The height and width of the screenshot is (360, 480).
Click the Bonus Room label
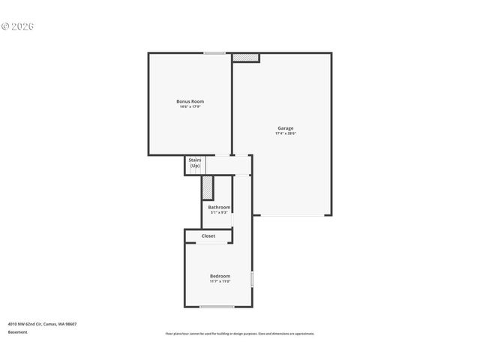click(190, 101)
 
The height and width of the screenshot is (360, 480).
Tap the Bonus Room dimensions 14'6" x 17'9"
click(190, 107)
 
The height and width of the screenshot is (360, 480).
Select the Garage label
click(286, 127)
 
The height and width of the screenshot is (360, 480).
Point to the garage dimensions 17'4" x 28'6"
click(286, 133)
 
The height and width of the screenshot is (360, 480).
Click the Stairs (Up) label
click(195, 163)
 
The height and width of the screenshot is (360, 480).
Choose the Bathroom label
click(219, 207)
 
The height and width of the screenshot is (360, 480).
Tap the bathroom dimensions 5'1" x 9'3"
click(219, 213)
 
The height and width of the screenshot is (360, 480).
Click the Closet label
click(208, 236)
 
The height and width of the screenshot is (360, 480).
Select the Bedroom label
click(220, 276)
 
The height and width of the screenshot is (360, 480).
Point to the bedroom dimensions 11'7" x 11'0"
click(220, 282)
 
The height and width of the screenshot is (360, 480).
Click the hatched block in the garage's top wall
click(245, 58)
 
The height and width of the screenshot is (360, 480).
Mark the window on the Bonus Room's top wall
click(214, 53)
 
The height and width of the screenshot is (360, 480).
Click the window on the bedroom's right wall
click(252, 279)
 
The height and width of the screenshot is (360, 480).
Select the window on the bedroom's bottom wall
click(217, 306)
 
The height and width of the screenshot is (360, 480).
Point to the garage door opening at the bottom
click(292, 216)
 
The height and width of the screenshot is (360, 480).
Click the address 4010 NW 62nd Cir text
click(42, 324)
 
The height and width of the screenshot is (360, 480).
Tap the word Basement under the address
click(17, 332)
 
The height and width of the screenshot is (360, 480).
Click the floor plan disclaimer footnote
click(240, 334)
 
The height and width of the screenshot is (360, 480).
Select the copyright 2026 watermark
click(18, 26)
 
